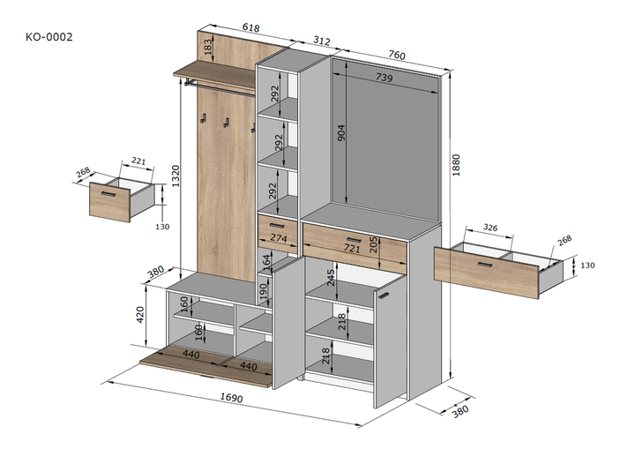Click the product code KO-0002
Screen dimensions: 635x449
point(49,37)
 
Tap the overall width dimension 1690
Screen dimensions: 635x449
point(231,397)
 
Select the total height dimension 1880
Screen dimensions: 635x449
point(456,165)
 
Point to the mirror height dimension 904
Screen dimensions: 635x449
point(341,132)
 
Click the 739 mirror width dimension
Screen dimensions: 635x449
point(384,77)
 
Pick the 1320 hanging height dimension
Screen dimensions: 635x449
point(176,176)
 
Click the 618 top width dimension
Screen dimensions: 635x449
point(250,27)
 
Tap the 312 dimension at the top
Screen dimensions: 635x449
point(322,41)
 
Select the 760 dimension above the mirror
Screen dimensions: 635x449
point(397,55)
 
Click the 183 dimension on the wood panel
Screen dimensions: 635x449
point(207,47)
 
